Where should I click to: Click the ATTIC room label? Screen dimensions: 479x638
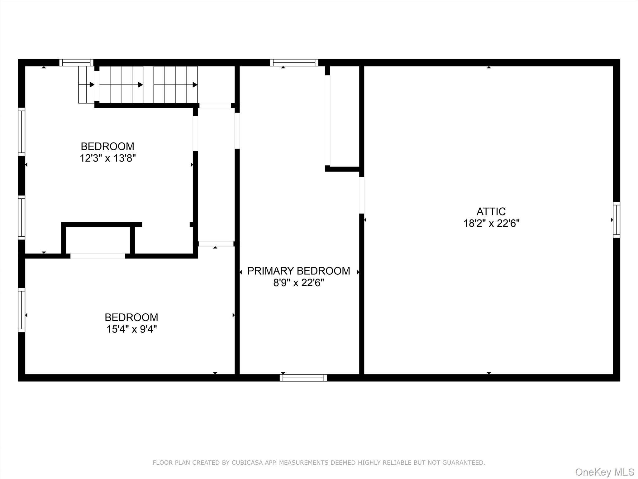point(491,211)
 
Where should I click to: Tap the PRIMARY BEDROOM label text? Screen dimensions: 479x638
point(298,271)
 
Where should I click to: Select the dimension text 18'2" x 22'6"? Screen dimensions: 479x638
point(491,224)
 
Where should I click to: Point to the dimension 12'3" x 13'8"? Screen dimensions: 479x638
point(107,158)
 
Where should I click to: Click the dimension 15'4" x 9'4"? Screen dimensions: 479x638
point(131,329)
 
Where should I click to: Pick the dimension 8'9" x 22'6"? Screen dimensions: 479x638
point(298,283)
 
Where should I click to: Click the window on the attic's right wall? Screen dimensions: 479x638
point(616,220)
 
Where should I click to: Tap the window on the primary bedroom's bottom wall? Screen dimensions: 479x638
point(303,378)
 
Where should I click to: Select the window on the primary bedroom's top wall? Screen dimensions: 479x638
point(294,63)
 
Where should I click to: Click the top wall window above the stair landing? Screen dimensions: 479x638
point(76,63)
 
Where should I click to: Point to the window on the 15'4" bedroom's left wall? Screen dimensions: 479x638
point(21,310)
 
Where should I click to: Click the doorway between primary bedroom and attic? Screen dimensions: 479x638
point(362,195)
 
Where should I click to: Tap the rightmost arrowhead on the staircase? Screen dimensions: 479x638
point(195,85)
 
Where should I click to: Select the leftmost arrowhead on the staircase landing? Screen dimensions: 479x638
point(92,85)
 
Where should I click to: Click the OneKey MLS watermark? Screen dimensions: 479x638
point(604,472)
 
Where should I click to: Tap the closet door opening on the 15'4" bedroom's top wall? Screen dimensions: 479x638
point(98,256)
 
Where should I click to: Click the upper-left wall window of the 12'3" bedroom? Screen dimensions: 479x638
point(21,132)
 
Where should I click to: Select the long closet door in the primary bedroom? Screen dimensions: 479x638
point(327,120)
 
